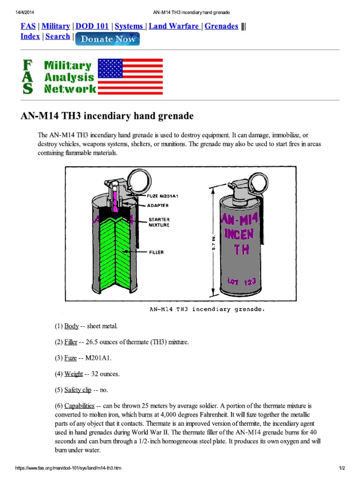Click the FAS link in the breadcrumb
pyautogui.click(x=27, y=26)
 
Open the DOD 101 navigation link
pyautogui.click(x=92, y=26)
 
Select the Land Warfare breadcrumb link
pyautogui.click(x=174, y=26)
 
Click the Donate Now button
pyautogui.click(x=107, y=39)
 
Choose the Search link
pyautogui.click(x=58, y=37)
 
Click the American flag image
pyautogui.click(x=130, y=76)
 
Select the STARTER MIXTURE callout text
pyautogui.click(x=159, y=222)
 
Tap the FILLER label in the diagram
pyautogui.click(x=157, y=252)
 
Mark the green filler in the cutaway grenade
pyautogui.click(x=115, y=253)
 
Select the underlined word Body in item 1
pyautogui.click(x=72, y=326)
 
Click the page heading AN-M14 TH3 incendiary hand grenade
pyautogui.click(x=107, y=115)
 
